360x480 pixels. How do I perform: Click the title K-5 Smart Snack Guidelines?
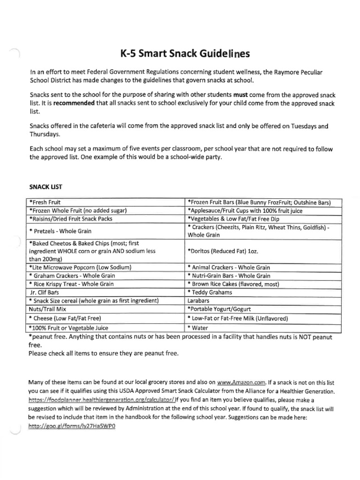180,53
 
